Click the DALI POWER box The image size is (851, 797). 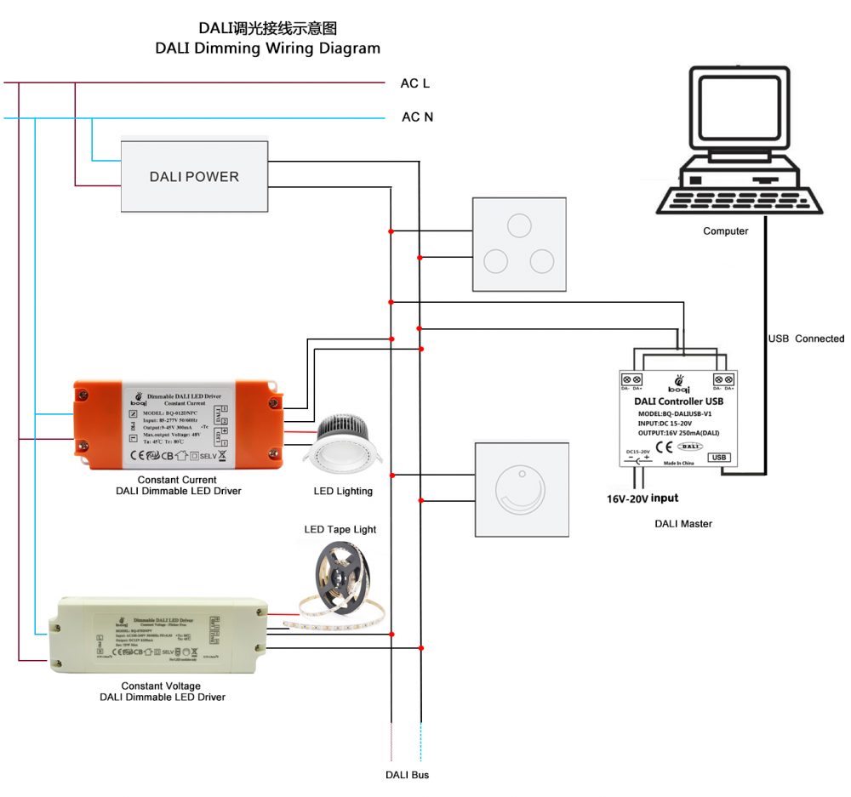194,176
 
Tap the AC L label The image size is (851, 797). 415,83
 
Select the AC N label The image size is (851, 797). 417,117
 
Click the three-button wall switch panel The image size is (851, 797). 518,245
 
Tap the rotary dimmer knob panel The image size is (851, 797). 518,488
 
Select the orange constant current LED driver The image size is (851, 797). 180,424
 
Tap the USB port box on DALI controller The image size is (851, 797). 719,457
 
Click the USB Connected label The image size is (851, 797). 806,339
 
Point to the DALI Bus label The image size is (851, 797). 407,775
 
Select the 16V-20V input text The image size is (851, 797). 643,498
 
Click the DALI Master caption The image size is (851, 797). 683,524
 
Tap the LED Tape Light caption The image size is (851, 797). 340,529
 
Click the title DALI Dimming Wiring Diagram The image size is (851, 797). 267,48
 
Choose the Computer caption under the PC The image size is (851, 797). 725,231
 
